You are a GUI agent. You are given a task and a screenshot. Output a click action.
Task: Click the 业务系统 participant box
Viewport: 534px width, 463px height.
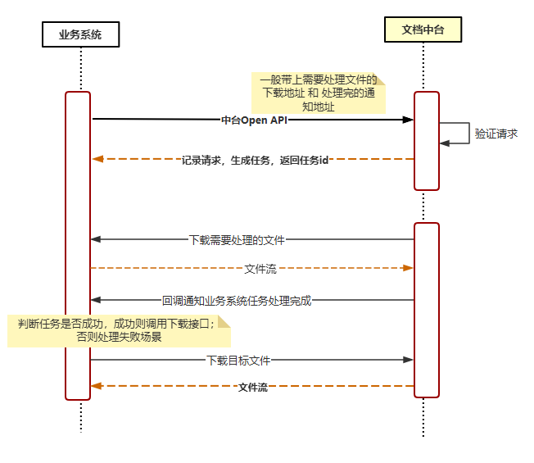tap(80, 34)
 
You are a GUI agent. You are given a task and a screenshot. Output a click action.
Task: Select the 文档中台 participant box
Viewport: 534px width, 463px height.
tap(423, 30)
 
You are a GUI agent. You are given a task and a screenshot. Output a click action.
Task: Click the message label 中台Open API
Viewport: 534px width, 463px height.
tap(254, 120)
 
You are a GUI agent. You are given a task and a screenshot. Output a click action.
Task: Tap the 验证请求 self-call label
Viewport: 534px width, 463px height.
tap(496, 134)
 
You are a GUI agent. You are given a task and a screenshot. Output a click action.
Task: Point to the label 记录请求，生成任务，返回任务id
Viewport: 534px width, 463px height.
tap(255, 160)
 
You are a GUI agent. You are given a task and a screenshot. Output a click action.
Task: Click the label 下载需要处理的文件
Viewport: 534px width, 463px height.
tap(237, 240)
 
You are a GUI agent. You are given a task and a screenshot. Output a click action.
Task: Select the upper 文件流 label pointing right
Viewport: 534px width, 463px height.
tap(260, 268)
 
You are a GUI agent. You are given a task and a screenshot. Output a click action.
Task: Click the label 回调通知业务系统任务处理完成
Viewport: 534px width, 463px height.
tap(237, 301)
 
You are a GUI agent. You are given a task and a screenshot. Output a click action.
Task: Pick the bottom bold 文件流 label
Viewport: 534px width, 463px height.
tap(252, 387)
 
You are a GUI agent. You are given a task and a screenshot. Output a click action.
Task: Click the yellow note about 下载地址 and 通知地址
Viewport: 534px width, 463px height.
tap(318, 93)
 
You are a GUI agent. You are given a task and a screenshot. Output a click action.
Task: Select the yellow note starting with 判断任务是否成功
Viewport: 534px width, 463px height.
tap(120, 330)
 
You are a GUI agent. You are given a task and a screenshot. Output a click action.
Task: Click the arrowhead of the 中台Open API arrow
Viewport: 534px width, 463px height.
tap(409, 120)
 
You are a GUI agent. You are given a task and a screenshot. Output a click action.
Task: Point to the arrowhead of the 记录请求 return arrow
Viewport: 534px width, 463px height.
tap(97, 159)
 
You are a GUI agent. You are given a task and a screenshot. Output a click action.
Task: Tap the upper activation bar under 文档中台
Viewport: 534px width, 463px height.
tap(427, 141)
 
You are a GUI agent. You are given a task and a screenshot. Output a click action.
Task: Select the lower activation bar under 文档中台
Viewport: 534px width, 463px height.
tap(427, 310)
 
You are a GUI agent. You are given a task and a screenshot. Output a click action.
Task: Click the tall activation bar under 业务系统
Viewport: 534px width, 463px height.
tap(78, 246)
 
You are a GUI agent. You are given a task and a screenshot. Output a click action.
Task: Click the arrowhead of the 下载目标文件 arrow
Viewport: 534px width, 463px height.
tap(409, 360)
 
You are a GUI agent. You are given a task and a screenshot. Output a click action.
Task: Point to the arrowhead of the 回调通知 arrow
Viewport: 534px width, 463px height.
tap(96, 301)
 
